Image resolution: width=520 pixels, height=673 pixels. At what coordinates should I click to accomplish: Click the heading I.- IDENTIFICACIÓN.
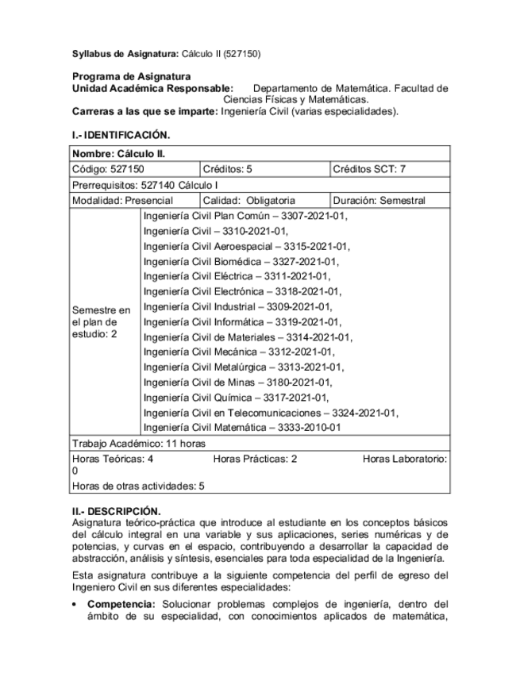(x=121, y=135)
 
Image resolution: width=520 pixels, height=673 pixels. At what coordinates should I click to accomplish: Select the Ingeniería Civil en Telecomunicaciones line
(x=271, y=413)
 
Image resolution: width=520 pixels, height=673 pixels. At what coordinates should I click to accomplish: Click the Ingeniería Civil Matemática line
(x=242, y=428)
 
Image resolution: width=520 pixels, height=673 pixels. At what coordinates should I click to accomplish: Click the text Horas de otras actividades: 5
(x=138, y=486)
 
